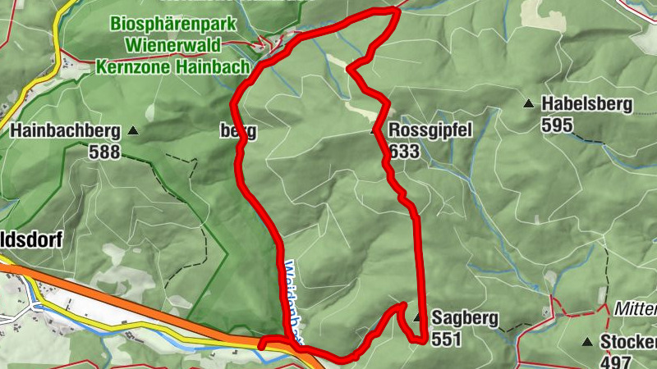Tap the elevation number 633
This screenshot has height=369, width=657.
coord(405,153)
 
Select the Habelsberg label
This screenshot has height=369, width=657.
coord(586,104)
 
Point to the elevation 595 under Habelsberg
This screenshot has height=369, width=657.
coord(557,125)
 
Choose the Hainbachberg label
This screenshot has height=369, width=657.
coord(65,130)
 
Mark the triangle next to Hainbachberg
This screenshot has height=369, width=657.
coord(133,130)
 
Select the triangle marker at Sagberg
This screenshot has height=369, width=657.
coord(418,317)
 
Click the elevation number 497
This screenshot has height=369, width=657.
coord(615,362)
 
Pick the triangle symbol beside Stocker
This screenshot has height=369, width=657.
coord(587,342)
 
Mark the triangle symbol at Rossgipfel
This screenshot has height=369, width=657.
coord(377,130)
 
